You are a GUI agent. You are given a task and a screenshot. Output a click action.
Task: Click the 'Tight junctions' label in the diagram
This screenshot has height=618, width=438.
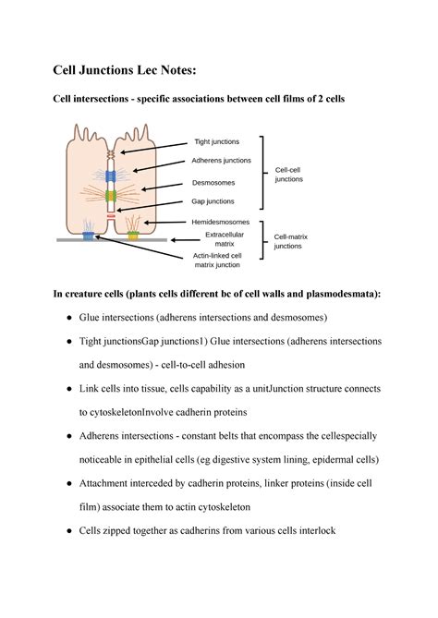[216, 141]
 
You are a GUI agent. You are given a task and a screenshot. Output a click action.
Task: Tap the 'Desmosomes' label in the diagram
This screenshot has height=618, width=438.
[213, 182]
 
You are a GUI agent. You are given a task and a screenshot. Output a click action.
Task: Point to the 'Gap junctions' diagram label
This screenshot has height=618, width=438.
[213, 200]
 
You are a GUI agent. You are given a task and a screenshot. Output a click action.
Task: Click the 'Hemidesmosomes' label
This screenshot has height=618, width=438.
[220, 223]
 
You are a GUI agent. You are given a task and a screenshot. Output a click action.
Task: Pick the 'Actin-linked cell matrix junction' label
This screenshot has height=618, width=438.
[217, 260]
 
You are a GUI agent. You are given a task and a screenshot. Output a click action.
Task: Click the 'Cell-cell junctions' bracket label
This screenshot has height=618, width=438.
[289, 175]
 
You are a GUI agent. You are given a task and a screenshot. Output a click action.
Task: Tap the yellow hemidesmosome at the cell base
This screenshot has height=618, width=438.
[133, 236]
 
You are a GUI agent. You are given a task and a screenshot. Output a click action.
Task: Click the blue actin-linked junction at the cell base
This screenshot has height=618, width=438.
[89, 236]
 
